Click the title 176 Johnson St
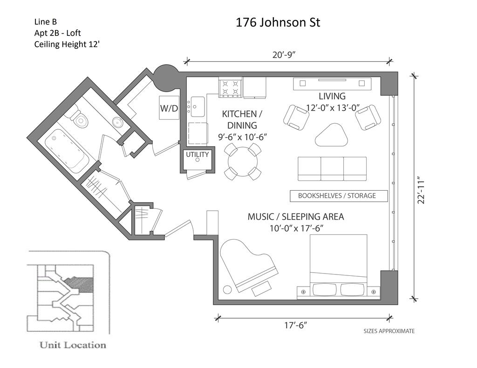click(278, 22)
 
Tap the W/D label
click(169, 108)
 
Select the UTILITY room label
click(198, 154)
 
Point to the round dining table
click(243, 161)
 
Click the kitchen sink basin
click(198, 106)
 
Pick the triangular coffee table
click(331, 134)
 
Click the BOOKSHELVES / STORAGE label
click(337, 196)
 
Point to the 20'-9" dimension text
click(284, 55)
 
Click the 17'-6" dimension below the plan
click(296, 325)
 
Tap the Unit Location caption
click(73, 345)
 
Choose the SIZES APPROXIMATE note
click(389, 331)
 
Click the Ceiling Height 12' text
click(67, 44)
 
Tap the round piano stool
click(227, 289)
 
